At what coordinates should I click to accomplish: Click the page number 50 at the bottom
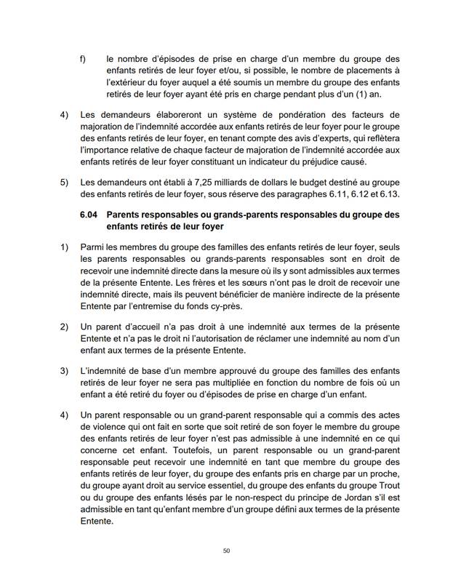tap(226, 551)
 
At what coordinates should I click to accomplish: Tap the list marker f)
tap(84, 58)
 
